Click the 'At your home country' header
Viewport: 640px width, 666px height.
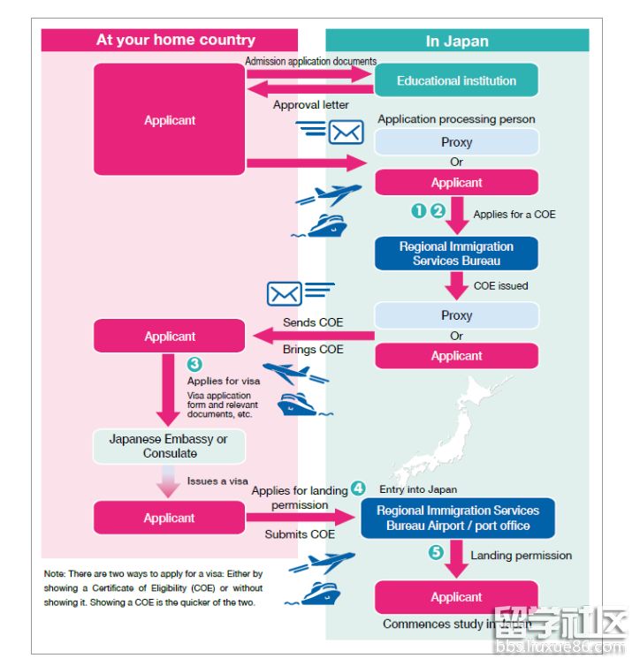click(x=175, y=40)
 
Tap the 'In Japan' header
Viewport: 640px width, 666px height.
click(x=456, y=41)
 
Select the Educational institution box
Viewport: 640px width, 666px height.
click(x=456, y=80)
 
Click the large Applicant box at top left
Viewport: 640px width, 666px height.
click(x=170, y=120)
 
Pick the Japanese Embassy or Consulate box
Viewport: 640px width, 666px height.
click(x=169, y=446)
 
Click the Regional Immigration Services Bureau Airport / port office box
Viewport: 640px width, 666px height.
click(x=458, y=518)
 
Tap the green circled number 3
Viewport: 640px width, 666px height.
click(x=195, y=363)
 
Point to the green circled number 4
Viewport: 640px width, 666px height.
click(x=357, y=488)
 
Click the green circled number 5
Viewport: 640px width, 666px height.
click(x=436, y=554)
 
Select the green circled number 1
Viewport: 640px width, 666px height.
click(x=418, y=210)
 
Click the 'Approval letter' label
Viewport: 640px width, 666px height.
click(x=310, y=105)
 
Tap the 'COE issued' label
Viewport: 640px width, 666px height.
click(x=500, y=285)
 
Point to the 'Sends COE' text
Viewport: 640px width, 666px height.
click(x=313, y=322)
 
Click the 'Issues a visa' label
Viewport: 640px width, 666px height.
click(x=217, y=481)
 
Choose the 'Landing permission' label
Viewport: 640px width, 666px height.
click(x=521, y=556)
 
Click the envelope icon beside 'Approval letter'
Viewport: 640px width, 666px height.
click(x=345, y=132)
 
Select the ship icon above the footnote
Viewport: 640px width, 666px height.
click(x=320, y=594)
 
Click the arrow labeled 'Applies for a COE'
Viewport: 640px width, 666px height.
click(x=457, y=215)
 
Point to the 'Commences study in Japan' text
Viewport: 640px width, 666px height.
click(x=457, y=624)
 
